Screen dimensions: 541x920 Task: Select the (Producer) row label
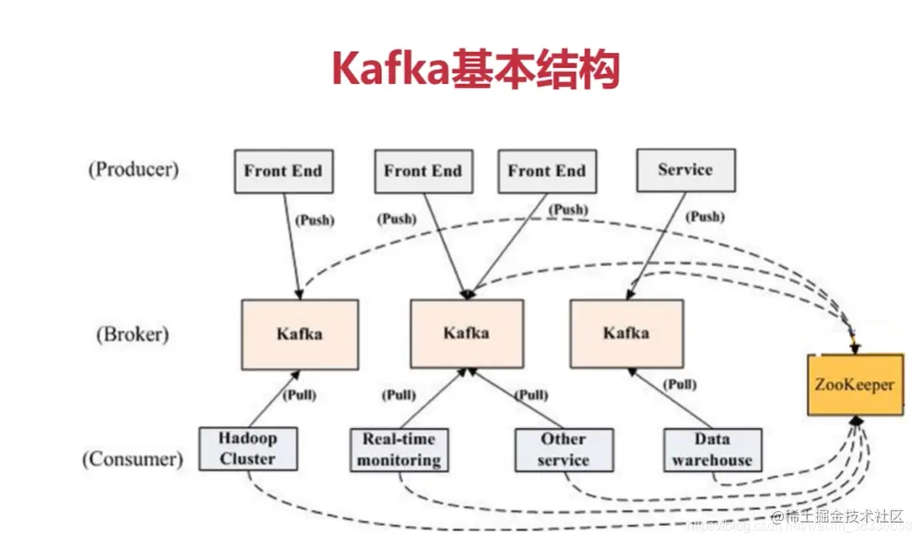(x=133, y=169)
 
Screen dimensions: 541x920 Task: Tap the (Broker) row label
(x=131, y=334)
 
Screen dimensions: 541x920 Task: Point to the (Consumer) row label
(x=133, y=458)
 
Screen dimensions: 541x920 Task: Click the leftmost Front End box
(x=283, y=171)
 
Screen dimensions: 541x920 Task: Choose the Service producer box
(x=685, y=170)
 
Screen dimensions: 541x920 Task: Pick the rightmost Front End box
(x=546, y=171)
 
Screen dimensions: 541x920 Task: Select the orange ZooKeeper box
(x=854, y=385)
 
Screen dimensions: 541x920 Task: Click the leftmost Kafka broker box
(x=299, y=334)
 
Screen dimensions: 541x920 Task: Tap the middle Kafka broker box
(x=466, y=334)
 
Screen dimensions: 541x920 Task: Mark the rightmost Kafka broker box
(x=626, y=334)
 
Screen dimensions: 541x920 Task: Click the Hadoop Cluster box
(x=248, y=449)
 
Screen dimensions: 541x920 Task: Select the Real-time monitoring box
(x=399, y=449)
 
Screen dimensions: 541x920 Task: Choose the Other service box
(x=563, y=449)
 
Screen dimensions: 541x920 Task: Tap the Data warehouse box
(x=712, y=450)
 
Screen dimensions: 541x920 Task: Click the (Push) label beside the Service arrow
(x=705, y=217)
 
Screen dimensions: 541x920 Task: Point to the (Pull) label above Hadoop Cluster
(x=299, y=395)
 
